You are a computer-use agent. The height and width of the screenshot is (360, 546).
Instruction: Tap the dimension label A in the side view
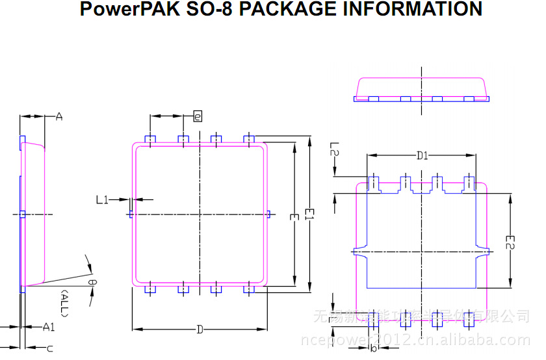pos(58,117)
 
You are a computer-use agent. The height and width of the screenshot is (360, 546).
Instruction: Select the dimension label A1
pos(49,326)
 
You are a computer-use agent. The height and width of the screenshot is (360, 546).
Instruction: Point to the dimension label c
pos(49,349)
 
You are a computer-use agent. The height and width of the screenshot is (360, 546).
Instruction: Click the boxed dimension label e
pos(198,116)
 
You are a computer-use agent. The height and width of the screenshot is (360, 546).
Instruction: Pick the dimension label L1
pos(102,200)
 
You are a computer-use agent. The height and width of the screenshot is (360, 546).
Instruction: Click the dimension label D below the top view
pos(200,329)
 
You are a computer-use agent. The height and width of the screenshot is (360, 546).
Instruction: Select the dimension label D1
pos(422,155)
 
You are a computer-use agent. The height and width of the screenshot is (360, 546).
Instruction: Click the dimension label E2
pos(512,242)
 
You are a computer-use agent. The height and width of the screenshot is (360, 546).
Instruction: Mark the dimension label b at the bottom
pos(373,348)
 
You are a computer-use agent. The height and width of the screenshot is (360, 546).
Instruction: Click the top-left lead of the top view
pos(151,139)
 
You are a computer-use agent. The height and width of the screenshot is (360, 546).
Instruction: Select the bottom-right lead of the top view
pos(248,290)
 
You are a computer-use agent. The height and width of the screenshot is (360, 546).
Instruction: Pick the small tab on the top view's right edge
pos(268,214)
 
